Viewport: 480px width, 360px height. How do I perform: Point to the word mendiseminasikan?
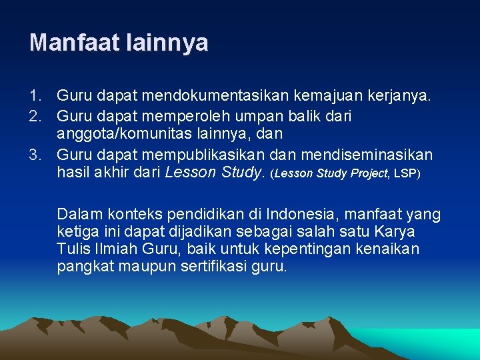(366, 155)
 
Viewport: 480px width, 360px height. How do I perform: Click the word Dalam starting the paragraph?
(77, 214)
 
